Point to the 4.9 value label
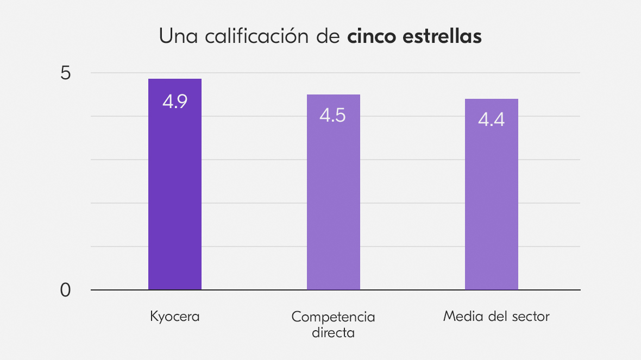[x=175, y=102]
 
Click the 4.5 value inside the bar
[x=332, y=116]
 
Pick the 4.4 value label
[x=491, y=120]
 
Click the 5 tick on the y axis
[x=66, y=73]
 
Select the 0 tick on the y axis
[x=66, y=290]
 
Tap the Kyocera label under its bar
[x=175, y=317]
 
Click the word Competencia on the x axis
[x=333, y=317]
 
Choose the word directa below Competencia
[x=333, y=332]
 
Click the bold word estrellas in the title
[x=442, y=37]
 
